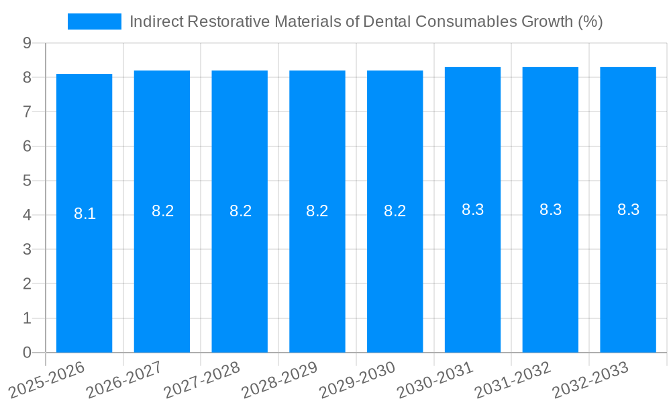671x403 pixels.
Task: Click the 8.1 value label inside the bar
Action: tap(85, 214)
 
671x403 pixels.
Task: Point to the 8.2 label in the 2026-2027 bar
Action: tap(162, 211)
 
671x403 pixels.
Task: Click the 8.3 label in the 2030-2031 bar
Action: tap(472, 210)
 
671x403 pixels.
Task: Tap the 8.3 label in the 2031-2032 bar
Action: tap(550, 210)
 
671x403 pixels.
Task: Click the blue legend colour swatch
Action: tap(95, 21)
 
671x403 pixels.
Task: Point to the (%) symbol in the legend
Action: tap(590, 21)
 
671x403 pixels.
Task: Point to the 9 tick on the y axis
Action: tap(27, 43)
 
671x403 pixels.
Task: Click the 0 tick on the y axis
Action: tap(27, 353)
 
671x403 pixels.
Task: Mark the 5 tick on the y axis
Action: tap(27, 181)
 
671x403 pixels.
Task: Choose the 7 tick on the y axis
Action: tap(27, 111)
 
